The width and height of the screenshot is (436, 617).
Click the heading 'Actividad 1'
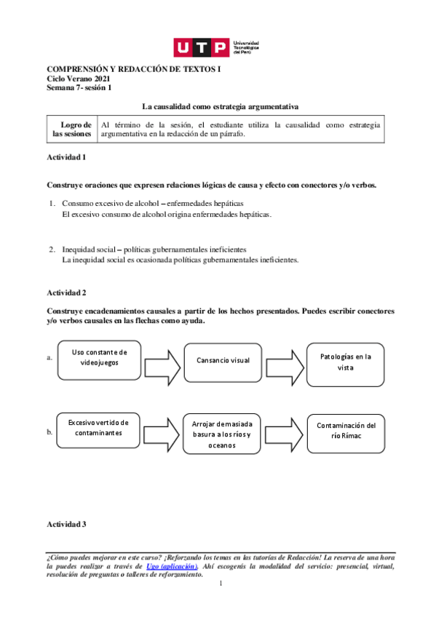click(66, 157)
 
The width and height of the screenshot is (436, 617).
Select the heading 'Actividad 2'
click(66, 292)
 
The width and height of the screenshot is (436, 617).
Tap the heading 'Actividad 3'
click(66, 524)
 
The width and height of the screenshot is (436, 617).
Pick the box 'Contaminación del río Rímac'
click(346, 430)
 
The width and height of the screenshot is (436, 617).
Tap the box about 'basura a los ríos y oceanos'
click(221, 434)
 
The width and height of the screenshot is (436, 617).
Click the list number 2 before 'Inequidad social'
click(52, 250)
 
